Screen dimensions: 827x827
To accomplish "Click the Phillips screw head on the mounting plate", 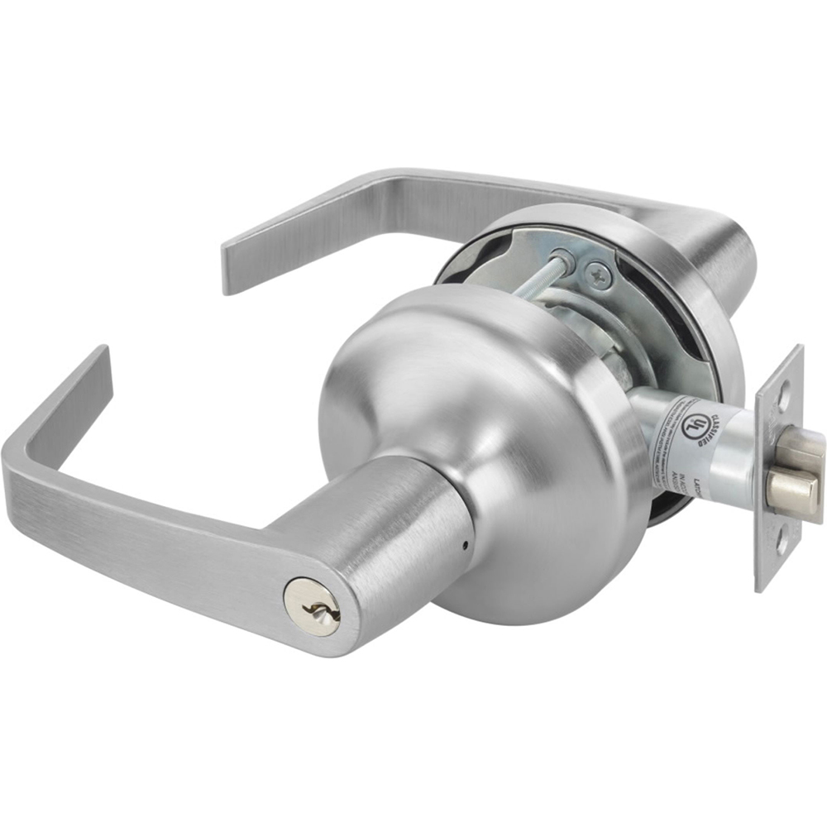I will coord(597,270).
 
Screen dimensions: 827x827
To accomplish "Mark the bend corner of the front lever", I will coord(21,463).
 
